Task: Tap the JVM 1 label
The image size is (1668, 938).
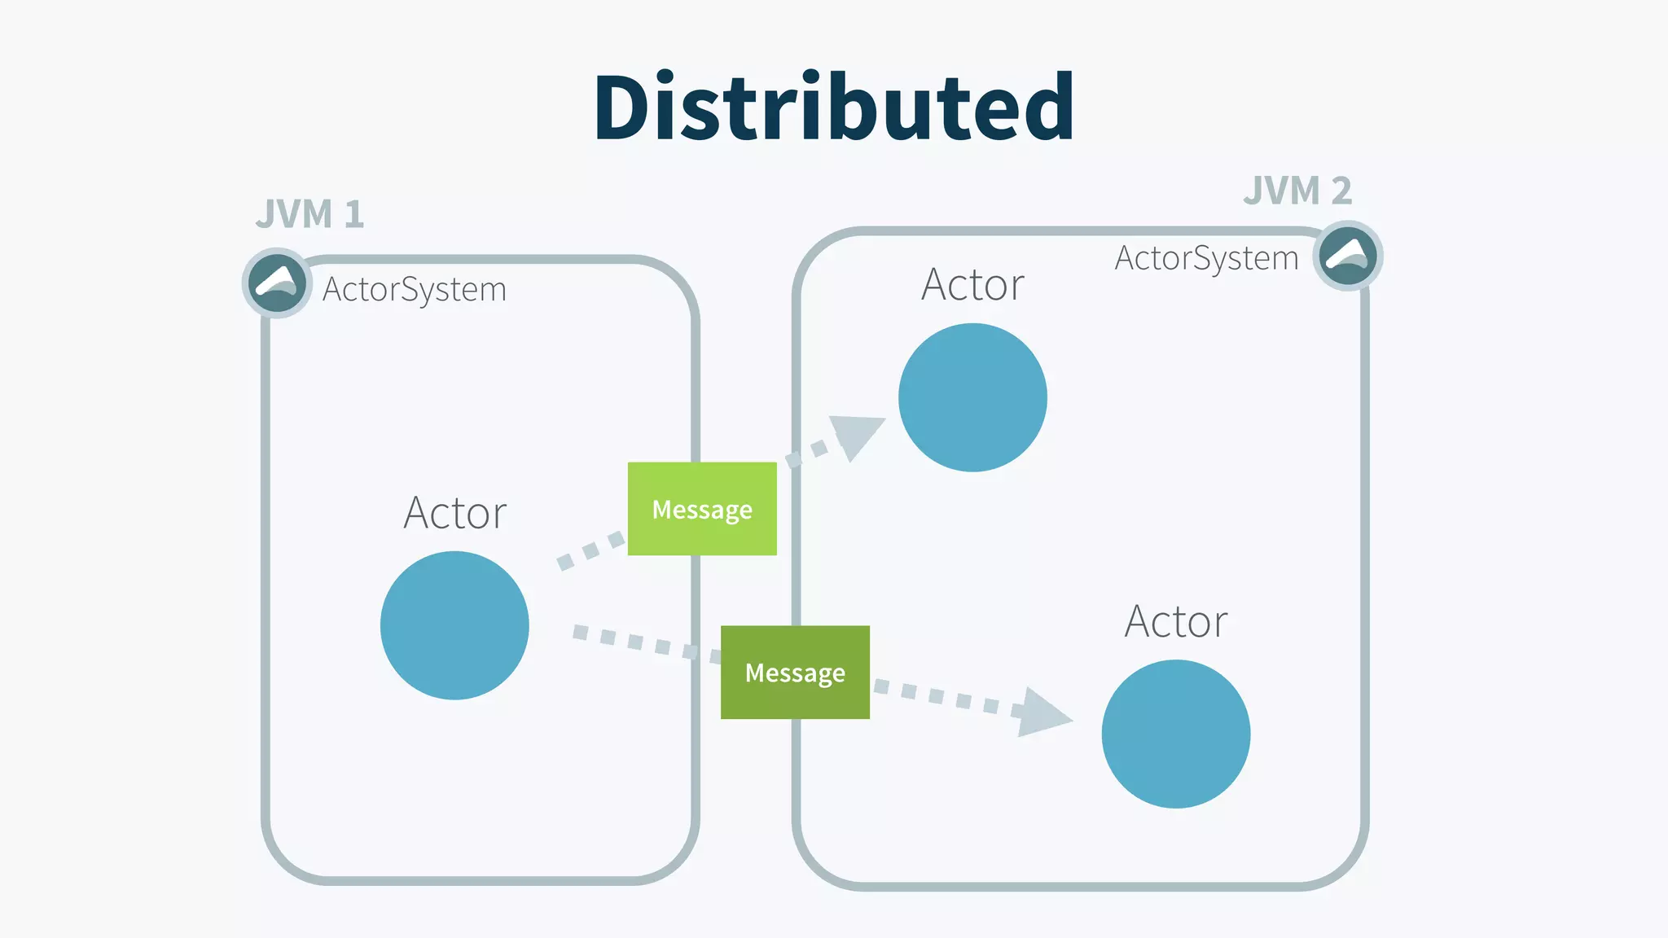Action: point(309,214)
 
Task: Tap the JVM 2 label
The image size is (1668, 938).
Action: point(1297,191)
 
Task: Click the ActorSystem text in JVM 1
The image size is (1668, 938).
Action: point(414,290)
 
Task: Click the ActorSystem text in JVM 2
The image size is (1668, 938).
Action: point(1206,258)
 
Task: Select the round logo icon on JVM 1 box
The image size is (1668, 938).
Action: point(277,283)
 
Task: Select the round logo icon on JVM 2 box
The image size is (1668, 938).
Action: point(1348,255)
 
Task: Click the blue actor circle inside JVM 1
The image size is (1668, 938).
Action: point(454,625)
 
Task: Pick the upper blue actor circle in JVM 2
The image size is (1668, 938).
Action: point(972,397)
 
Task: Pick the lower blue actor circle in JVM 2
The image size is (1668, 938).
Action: point(1175,734)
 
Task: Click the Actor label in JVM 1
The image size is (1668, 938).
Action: point(454,513)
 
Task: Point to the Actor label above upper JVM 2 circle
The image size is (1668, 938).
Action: point(972,285)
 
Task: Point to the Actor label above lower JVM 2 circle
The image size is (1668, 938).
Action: point(1175,621)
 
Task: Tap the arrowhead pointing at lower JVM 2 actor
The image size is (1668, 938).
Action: point(1042,713)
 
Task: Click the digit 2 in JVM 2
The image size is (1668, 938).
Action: point(1341,191)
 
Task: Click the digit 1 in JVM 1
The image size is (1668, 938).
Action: point(353,214)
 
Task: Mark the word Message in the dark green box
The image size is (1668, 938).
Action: point(795,673)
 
